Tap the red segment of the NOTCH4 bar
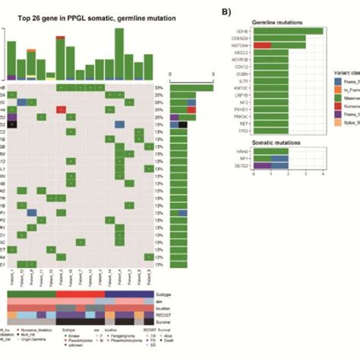click(x=262, y=46)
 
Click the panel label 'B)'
click(x=226, y=11)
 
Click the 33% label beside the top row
click(x=159, y=88)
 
